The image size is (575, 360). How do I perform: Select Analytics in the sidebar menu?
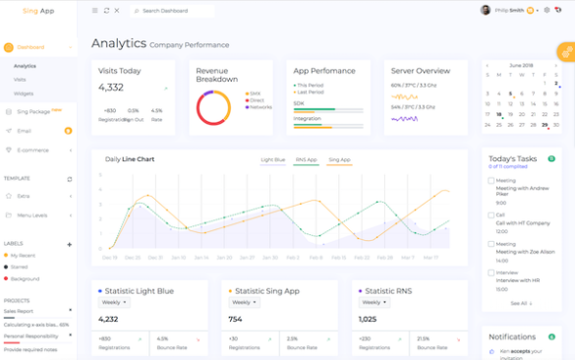25,66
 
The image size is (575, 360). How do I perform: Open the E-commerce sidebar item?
32,150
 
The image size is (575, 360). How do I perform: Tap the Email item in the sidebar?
25,131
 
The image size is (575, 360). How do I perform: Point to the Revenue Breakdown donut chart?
213,107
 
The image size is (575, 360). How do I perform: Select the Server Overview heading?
421,71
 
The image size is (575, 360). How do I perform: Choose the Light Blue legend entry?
272,158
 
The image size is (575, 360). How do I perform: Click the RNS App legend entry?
307,158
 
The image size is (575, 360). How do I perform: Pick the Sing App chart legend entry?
339,158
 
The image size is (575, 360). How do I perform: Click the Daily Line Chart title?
130,158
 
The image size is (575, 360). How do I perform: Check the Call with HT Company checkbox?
491,214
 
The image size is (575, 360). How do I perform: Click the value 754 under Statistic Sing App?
235,319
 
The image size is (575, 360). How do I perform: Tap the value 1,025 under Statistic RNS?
368,319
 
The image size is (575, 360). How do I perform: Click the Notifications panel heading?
512,337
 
